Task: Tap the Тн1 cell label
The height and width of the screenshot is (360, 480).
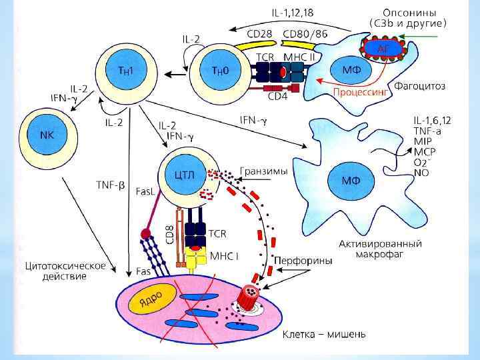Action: tap(120, 71)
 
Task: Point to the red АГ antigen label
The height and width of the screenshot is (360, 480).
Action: tap(384, 48)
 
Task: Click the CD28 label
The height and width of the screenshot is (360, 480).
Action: tap(263, 33)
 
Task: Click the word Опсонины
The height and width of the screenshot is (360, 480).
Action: tap(409, 11)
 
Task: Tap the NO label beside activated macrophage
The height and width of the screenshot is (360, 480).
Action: tap(421, 172)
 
